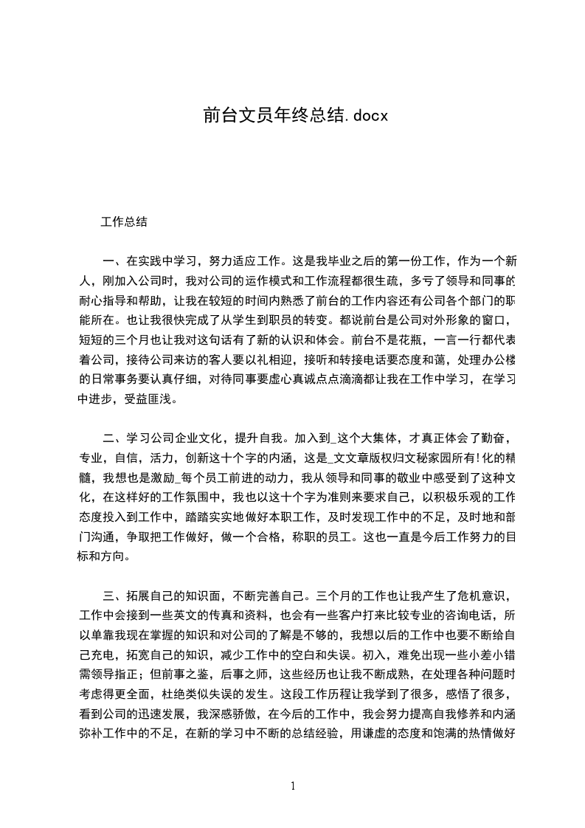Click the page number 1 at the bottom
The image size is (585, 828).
(293, 786)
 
